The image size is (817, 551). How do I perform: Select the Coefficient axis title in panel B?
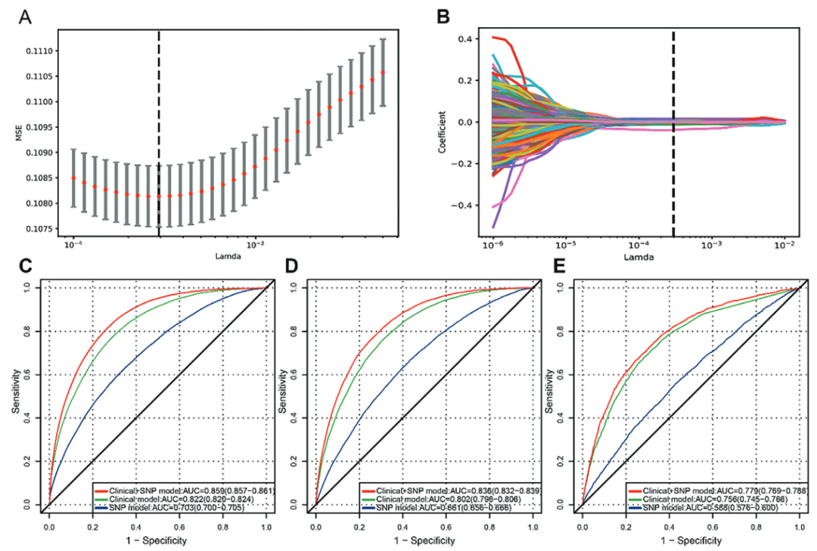pos(440,135)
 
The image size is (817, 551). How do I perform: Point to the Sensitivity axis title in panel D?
pos(284,396)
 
